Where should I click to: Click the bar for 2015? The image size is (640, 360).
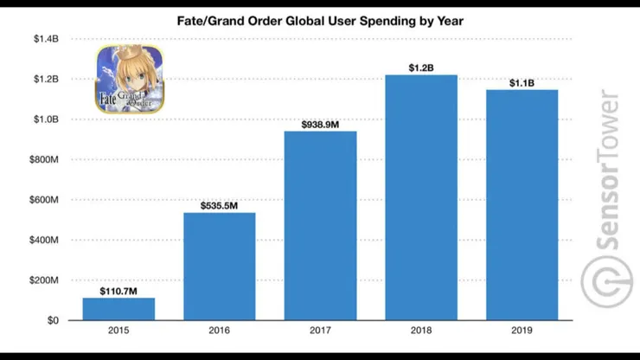point(118,309)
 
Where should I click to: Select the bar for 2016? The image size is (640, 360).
point(220,267)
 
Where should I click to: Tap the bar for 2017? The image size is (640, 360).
point(321,226)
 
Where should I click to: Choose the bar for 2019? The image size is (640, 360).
point(522,205)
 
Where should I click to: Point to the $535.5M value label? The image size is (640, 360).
point(220,203)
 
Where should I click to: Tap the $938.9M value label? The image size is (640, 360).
point(321,122)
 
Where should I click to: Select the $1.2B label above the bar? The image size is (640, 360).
point(421,66)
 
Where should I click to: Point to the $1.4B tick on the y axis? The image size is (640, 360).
point(46,39)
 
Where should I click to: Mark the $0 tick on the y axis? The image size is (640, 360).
point(52,320)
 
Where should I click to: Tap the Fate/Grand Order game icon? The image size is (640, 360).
point(129,80)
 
